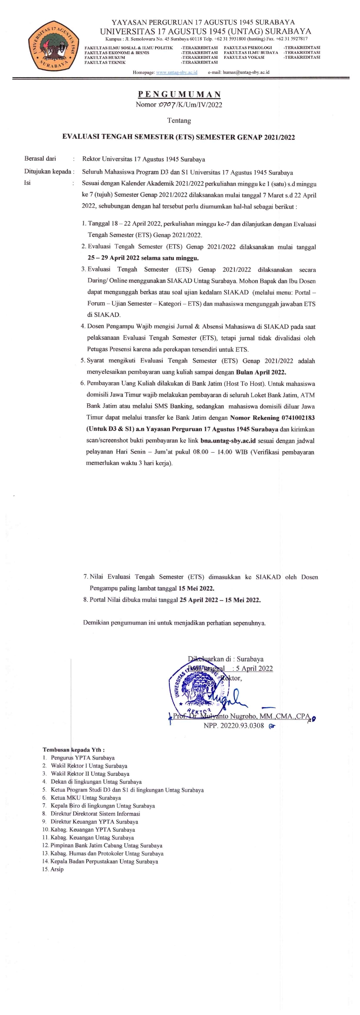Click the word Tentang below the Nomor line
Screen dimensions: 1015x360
tap(179, 120)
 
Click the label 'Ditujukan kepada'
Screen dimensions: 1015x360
tap(49, 172)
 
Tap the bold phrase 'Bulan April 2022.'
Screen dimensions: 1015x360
tap(261, 372)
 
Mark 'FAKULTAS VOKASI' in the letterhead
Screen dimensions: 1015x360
tap(244, 57)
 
